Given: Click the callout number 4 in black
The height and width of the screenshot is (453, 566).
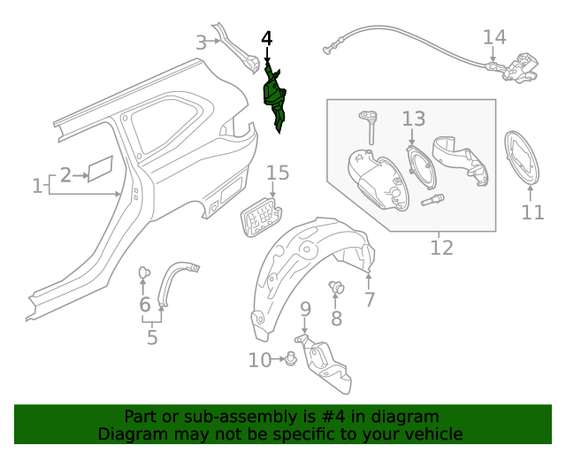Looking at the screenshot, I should (267, 39).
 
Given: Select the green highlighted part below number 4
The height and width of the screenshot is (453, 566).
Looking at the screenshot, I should (275, 96).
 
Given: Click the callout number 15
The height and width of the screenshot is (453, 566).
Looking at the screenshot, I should (278, 173).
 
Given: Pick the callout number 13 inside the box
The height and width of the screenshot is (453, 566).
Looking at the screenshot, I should (414, 119).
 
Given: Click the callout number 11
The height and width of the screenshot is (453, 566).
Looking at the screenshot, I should (532, 212).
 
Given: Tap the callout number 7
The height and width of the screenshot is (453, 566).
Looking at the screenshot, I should (370, 300).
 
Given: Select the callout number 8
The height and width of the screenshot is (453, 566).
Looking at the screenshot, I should (336, 318).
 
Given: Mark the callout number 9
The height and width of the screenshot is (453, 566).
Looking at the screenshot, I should (305, 309).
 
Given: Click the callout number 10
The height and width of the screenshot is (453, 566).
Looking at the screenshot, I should (260, 360).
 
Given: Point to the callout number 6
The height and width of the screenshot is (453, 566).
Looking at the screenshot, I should (145, 305).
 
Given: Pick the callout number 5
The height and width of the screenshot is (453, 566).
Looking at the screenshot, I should (152, 336).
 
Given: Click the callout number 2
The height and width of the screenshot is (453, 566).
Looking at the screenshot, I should (66, 175).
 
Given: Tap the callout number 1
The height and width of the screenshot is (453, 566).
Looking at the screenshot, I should (37, 186).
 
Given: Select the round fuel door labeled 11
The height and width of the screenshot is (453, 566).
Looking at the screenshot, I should (522, 158).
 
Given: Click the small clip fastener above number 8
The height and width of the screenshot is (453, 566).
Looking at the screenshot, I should (337, 286).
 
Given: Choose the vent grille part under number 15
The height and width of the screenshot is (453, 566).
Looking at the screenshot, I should (258, 216).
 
